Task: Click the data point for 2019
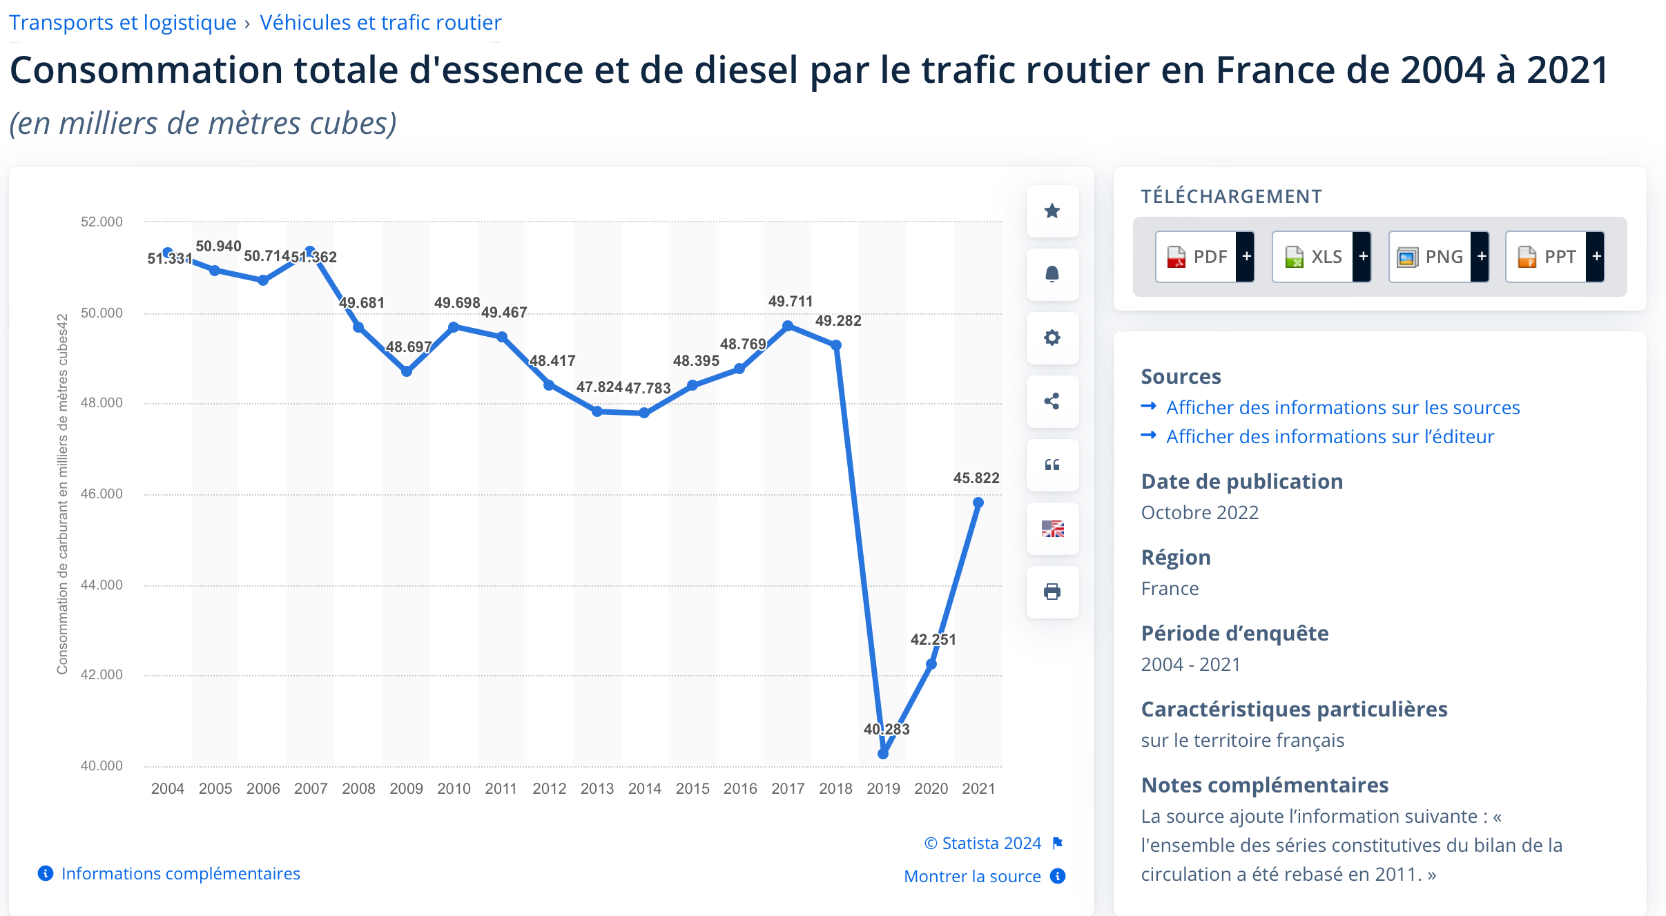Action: pos(883,754)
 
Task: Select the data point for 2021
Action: pos(978,503)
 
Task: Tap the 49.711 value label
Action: pos(791,302)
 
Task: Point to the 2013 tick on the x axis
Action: pos(597,788)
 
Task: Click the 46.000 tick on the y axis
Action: pos(101,494)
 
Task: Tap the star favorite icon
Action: pos(1052,211)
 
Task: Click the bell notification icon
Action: pos(1052,275)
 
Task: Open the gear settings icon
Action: pos(1052,338)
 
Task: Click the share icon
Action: pos(1052,402)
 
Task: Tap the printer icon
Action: pos(1052,592)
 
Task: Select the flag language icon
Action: pos(1052,529)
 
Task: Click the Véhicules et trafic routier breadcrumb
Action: pos(380,23)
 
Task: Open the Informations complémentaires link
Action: pos(180,874)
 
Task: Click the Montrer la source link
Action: pos(972,877)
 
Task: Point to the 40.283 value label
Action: pos(887,730)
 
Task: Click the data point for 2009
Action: pos(407,371)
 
